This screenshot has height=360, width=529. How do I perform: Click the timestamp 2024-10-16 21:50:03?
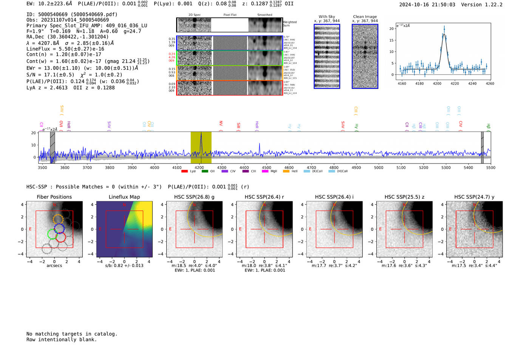pos(427,5)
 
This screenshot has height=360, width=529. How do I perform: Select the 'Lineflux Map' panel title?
pos(124,197)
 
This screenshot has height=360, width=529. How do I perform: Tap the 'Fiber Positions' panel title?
pos(54,197)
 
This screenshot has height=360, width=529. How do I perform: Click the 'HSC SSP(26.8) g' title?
pos(194,197)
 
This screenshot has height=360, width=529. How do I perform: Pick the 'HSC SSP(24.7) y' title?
pos(474,197)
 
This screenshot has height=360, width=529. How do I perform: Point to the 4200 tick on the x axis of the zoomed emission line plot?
pos(437,83)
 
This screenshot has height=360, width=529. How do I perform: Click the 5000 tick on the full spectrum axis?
pos(379,167)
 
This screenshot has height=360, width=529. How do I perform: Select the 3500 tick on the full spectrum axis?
pos(42,167)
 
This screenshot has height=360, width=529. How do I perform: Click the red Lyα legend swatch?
pos(184,171)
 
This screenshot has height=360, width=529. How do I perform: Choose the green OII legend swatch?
pos(205,171)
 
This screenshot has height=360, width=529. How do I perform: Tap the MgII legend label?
pos(274,171)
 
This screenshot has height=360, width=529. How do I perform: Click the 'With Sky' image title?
pos(327,17)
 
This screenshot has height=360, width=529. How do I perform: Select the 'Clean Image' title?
pos(365,17)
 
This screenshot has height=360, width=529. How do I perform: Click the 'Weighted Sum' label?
pos(290,24)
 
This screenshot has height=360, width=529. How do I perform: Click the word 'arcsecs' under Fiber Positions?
pos(54,266)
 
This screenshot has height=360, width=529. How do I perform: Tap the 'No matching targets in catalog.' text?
pos(72,334)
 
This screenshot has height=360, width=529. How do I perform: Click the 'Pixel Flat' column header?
pos(230,15)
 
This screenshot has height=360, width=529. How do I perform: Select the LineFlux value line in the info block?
pos(65,49)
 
